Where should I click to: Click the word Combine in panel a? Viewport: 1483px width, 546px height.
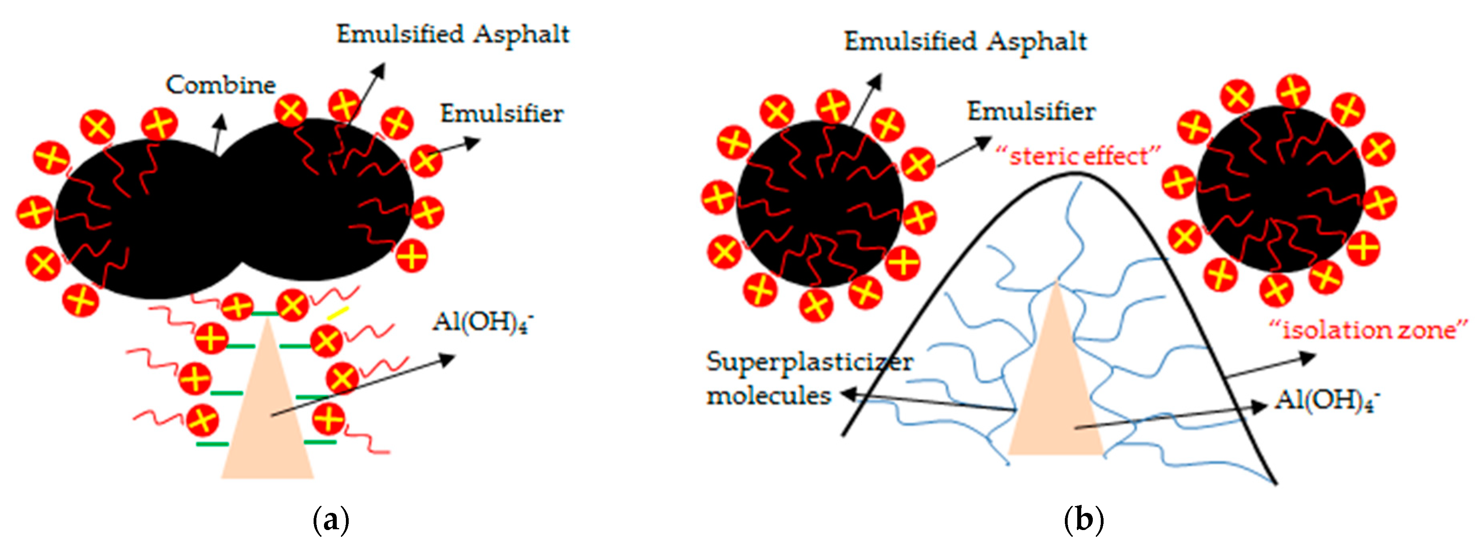(221, 85)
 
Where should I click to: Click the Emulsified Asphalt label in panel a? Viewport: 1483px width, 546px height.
(452, 35)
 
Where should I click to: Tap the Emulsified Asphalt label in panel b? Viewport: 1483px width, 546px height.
(965, 42)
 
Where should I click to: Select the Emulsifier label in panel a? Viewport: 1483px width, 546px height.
(502, 113)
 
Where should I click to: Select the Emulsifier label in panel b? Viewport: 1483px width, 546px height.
(1031, 111)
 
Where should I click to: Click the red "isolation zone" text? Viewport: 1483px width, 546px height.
(1368, 330)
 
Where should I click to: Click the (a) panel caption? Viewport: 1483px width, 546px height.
(330, 520)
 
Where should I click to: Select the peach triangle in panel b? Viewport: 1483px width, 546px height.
(1055, 392)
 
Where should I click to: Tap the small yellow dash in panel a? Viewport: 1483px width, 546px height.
(338, 313)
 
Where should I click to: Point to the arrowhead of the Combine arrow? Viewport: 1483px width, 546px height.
(220, 119)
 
